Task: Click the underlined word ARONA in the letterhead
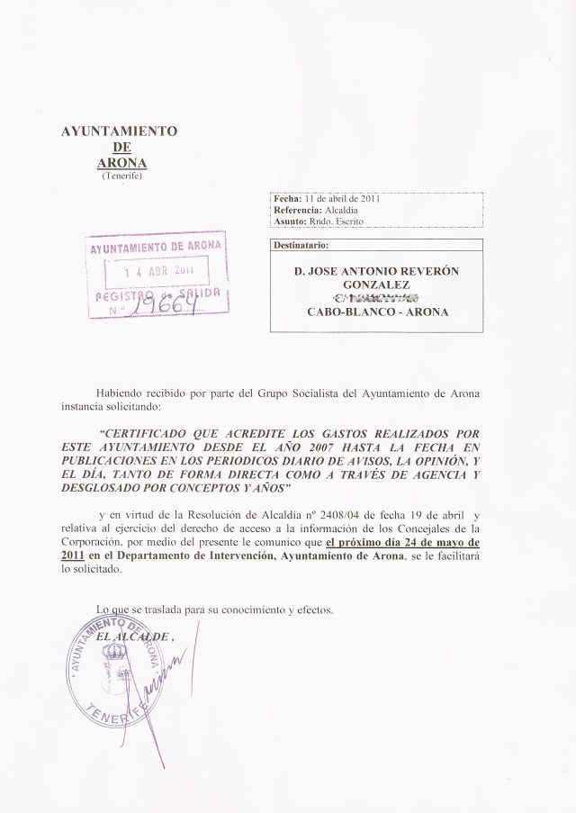click(121, 162)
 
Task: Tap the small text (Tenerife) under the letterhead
click(120, 176)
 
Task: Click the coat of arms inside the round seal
click(117, 659)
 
